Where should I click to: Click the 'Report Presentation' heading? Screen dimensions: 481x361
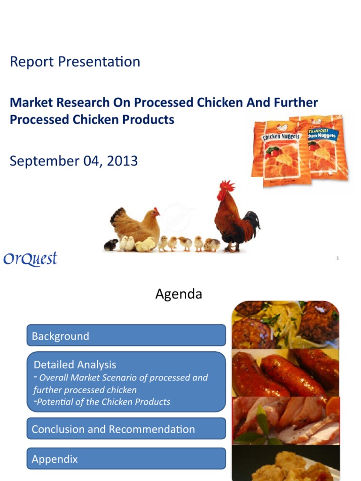(x=75, y=62)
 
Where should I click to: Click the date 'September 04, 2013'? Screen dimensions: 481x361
(x=74, y=161)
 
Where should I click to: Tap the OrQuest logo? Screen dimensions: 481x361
(x=30, y=259)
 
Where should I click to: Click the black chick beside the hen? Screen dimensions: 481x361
(x=111, y=245)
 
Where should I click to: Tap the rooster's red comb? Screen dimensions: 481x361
(x=228, y=185)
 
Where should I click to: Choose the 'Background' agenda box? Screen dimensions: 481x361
(x=126, y=336)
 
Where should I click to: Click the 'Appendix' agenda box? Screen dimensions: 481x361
(x=126, y=459)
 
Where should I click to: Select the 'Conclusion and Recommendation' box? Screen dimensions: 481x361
(x=126, y=429)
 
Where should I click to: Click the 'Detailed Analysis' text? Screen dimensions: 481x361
(x=75, y=365)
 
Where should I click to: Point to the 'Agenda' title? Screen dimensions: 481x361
(x=179, y=295)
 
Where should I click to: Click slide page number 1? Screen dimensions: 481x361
(x=337, y=258)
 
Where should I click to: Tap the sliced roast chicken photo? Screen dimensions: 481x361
(x=285, y=420)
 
